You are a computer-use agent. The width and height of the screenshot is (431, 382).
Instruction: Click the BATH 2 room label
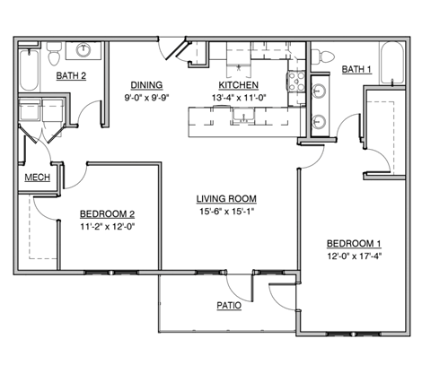pos(71,76)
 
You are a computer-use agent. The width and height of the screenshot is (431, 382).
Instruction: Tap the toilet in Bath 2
pos(55,55)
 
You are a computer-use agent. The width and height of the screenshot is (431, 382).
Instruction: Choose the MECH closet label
pos(36,177)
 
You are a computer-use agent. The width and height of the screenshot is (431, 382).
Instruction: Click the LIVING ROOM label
pos(227,199)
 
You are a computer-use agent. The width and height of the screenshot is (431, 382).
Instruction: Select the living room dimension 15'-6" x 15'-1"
pos(227,212)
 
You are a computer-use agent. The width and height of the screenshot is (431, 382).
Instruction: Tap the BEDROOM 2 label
pos(107,213)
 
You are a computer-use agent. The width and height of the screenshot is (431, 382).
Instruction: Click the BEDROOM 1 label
pos(353,244)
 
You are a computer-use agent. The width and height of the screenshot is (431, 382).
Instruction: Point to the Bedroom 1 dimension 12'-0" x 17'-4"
pos(353,257)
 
